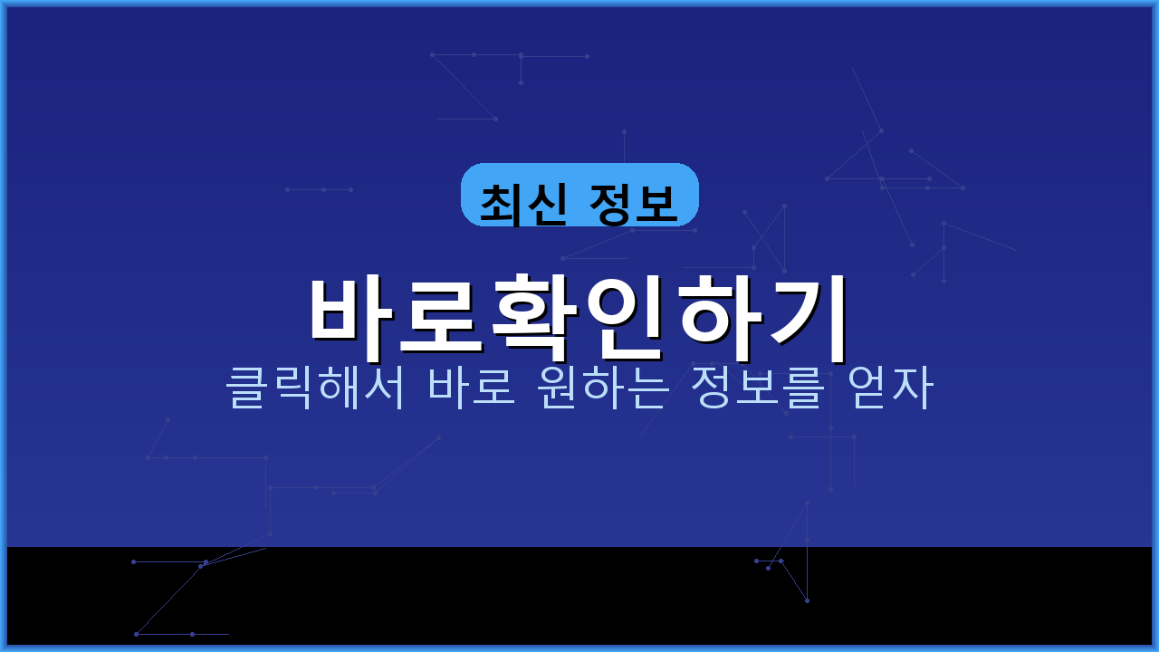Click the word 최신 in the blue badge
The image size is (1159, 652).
[523, 203]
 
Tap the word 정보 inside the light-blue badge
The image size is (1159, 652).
[632, 203]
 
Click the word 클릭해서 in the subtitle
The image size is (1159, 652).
[315, 388]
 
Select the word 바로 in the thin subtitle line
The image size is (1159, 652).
[472, 388]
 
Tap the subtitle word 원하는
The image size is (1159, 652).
[603, 388]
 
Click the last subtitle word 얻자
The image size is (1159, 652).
[889, 388]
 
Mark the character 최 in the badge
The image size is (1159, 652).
[501, 203]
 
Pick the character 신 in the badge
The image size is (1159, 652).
[546, 203]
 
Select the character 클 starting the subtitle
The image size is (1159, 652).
[247, 388]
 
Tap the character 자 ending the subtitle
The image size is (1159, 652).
[912, 388]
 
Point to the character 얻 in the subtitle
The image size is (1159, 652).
[867, 388]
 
